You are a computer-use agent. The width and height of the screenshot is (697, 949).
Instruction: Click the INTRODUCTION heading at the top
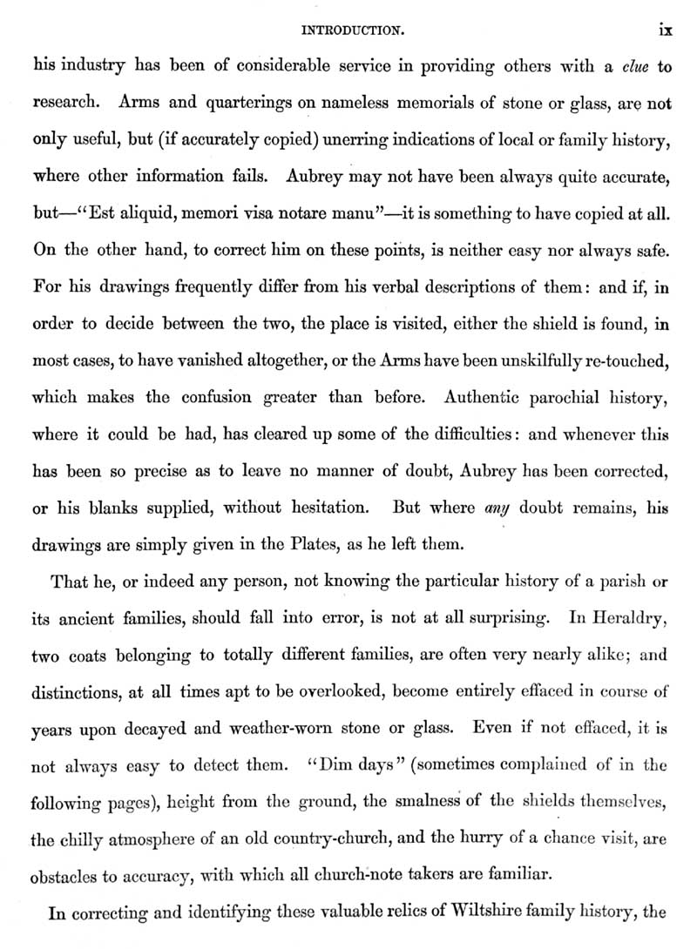(x=349, y=30)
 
